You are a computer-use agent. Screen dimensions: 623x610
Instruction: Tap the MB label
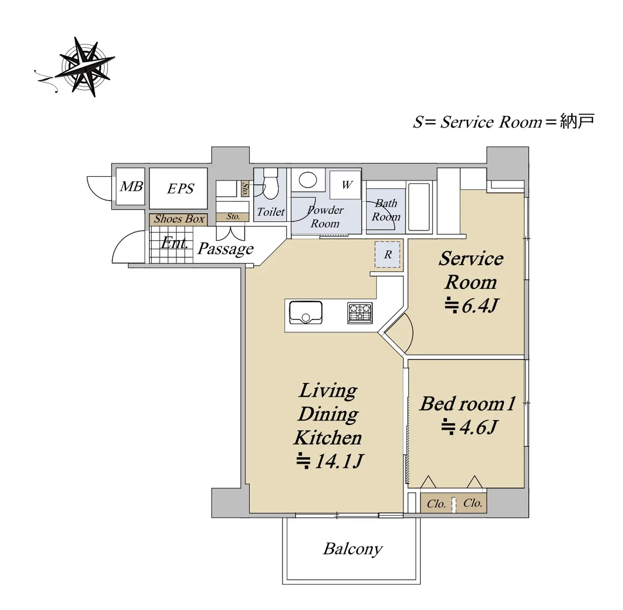click(x=131, y=186)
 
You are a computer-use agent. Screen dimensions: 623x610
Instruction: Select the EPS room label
click(x=180, y=188)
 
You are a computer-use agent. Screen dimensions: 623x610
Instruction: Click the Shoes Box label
click(x=179, y=219)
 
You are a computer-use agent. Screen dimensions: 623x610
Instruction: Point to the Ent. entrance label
click(x=174, y=243)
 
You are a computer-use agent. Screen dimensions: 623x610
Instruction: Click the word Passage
click(x=225, y=249)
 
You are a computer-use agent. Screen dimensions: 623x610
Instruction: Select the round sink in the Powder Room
click(x=307, y=179)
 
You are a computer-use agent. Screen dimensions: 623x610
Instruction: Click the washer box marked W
click(x=345, y=185)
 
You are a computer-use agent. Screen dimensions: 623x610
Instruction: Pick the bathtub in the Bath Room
click(x=419, y=207)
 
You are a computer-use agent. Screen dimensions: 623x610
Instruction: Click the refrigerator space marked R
click(x=387, y=255)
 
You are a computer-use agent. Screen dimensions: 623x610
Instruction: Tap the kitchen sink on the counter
click(x=305, y=312)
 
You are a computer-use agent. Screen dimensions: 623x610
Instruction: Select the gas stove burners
click(x=360, y=313)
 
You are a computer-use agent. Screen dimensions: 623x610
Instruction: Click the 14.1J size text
click(x=330, y=461)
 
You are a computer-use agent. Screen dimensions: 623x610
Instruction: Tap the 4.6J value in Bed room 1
click(x=469, y=427)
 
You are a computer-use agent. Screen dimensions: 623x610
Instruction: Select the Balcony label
click(x=353, y=549)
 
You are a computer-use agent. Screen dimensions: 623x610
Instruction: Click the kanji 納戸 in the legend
click(x=577, y=121)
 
